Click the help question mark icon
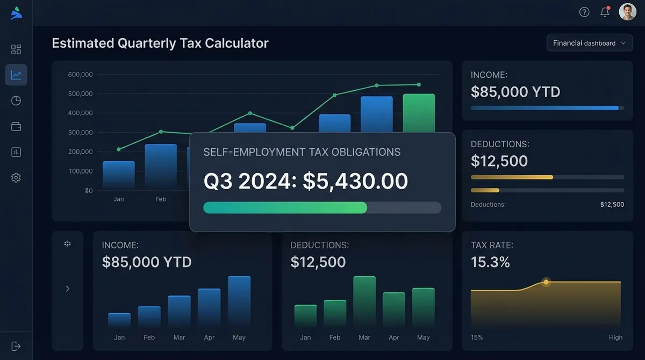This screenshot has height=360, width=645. [584, 12]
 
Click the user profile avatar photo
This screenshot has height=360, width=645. [627, 12]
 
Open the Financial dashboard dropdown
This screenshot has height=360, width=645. [590, 43]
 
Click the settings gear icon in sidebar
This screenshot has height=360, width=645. [16, 177]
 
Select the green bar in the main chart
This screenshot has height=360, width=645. [419, 113]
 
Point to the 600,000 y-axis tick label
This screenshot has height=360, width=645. [81, 75]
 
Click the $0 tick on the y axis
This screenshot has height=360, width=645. [89, 191]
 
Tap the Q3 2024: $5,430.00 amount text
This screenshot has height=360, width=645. [306, 182]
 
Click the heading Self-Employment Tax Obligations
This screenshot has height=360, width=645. [302, 152]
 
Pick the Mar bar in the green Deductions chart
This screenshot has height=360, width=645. [364, 301]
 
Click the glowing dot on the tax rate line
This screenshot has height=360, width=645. [546, 282]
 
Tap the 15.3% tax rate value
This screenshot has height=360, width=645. [490, 262]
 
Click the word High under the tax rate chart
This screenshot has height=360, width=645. [615, 337]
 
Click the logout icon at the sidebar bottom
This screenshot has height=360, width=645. [16, 346]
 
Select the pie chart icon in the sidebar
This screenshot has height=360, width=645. [16, 100]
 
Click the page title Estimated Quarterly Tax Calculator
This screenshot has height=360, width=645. [160, 43]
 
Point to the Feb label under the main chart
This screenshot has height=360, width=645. [161, 199]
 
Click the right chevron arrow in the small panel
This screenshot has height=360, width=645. [68, 289]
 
